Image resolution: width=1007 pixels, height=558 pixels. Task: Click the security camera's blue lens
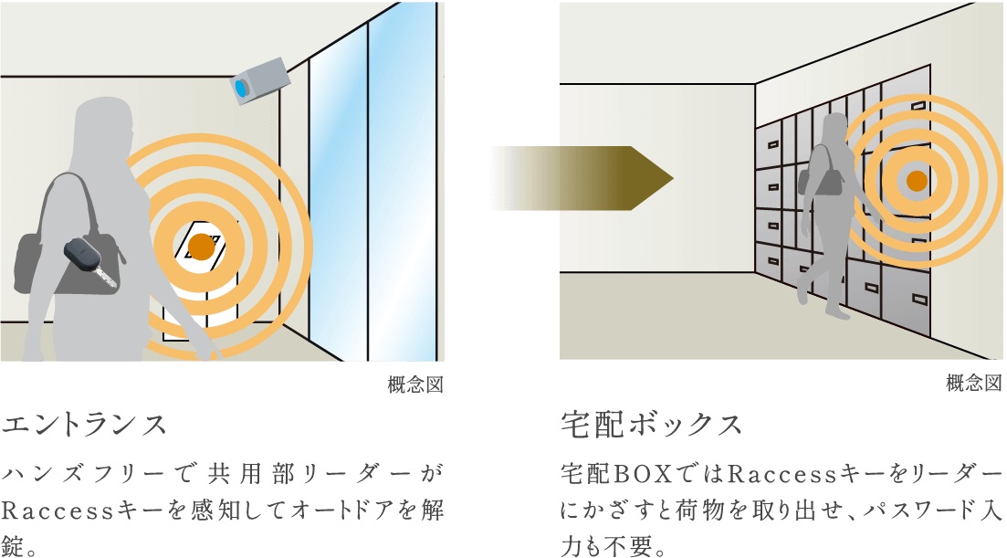(x=242, y=89)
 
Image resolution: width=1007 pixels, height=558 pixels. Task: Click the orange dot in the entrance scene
(x=201, y=246)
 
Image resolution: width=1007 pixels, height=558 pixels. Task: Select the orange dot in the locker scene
(x=917, y=180)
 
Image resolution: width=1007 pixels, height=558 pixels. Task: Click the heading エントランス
(x=87, y=425)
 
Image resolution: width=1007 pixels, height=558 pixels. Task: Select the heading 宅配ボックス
(x=651, y=425)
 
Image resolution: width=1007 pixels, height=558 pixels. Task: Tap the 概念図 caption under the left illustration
(x=415, y=384)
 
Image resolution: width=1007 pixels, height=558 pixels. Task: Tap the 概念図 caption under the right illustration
(x=974, y=384)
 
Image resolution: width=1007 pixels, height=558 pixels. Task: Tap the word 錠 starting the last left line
(x=17, y=546)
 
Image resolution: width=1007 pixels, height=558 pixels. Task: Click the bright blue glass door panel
(x=406, y=183)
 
